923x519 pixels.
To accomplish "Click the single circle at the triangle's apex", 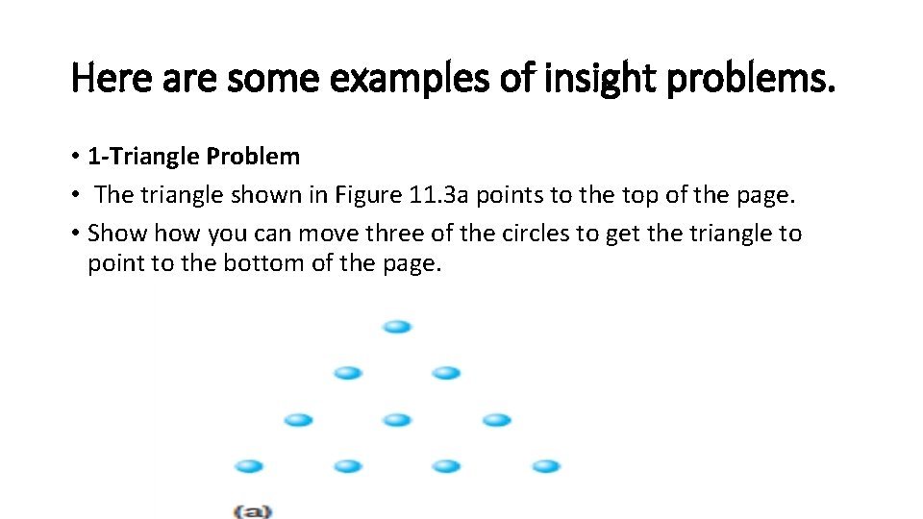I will tap(396, 327).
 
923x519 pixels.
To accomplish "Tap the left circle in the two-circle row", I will tap(347, 373).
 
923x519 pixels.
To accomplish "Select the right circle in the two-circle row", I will tap(446, 373).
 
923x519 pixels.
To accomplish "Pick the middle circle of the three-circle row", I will tap(396, 420).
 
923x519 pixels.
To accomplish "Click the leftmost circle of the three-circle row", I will tap(298, 420).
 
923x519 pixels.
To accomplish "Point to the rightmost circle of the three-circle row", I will tap(496, 420).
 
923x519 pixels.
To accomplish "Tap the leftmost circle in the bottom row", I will tap(249, 466).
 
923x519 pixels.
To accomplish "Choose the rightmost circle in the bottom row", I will tap(546, 466).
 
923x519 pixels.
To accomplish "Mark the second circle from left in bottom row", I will tap(347, 466).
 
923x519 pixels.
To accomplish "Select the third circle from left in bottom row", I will tap(446, 466).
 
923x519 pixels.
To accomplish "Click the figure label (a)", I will tap(252, 510).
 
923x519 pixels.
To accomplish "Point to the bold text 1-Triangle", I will tap(143, 156).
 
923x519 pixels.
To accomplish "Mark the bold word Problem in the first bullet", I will tap(253, 156).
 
